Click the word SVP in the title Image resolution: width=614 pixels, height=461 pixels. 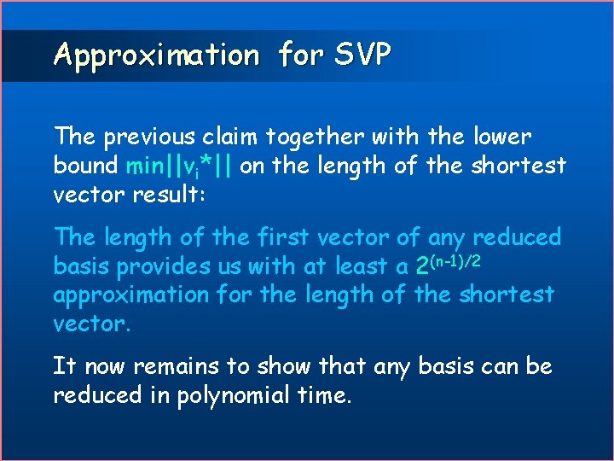point(363,55)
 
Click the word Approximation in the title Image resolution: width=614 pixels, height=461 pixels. point(156,55)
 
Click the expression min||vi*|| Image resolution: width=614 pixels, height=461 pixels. point(180,166)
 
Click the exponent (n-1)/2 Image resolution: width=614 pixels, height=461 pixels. point(456,260)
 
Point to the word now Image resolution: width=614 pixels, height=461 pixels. point(104,367)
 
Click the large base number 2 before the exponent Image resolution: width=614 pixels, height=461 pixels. point(422,267)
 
